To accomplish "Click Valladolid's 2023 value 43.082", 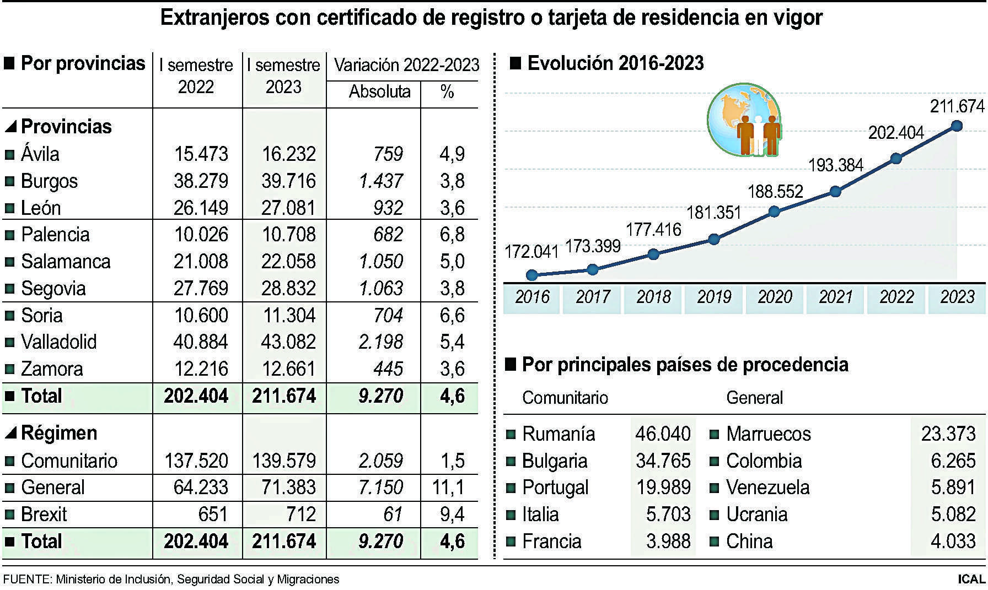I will tap(288, 342).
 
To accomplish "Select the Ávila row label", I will tap(40, 154).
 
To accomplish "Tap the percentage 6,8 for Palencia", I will tap(452, 235).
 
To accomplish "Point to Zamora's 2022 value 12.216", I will tap(200, 369).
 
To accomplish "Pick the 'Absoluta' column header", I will tap(379, 91).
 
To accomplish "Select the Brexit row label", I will tap(44, 515).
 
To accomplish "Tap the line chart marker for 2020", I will tap(774, 212).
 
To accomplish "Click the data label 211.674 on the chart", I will tap(957, 106).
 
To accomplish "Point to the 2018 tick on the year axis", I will tap(653, 297).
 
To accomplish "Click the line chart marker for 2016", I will tap(532, 275).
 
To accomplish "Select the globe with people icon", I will tap(744, 120).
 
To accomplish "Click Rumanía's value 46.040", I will tap(663, 434).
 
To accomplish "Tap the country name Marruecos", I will tap(768, 434).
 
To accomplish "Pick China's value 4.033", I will tap(953, 541).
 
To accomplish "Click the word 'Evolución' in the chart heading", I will tap(570, 63).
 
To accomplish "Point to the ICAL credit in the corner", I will tap(971, 580).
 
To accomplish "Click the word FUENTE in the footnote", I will tap(25, 580).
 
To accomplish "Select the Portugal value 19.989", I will tap(663, 488).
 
